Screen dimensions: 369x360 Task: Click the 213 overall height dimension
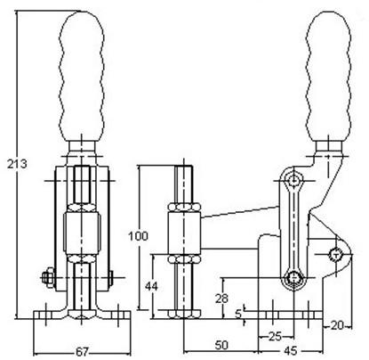coord(17,164)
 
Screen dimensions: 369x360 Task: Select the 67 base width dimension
coord(82,352)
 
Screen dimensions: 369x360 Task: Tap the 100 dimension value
coord(138,236)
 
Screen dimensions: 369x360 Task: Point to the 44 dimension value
coord(151,287)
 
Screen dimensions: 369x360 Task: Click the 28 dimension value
coord(221,298)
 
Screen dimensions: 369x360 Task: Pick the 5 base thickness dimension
coord(239,314)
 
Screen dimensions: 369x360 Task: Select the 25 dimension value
coord(275,337)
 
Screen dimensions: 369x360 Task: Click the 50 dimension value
coord(221,345)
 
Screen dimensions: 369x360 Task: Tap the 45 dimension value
coord(291,351)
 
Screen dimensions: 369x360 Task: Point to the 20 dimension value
coord(337,326)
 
